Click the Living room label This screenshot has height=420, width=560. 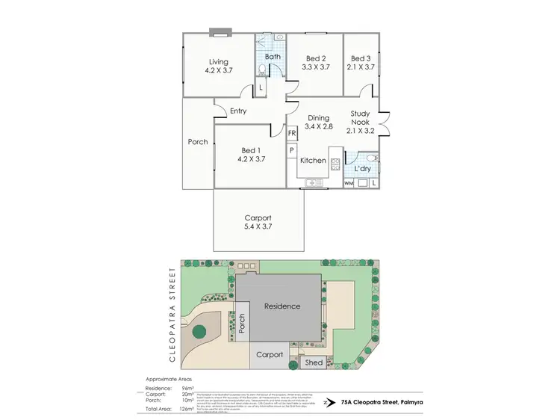218,62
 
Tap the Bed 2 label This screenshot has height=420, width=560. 315,58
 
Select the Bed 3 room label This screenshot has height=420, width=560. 361,58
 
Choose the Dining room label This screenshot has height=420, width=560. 318,118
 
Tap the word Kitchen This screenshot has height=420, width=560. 313,161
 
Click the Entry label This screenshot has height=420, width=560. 238,111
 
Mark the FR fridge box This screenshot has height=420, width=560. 292,133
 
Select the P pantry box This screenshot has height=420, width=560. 292,151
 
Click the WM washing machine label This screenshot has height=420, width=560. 349,183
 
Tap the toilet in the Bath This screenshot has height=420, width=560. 261,70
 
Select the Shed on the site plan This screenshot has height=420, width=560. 314,363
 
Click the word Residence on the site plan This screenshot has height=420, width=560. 281,306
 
